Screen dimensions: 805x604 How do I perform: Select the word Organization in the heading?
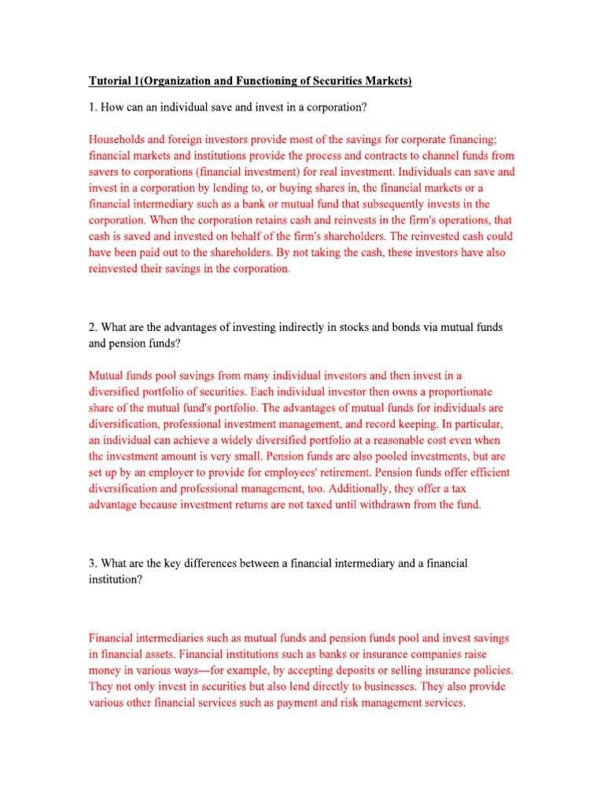coord(186,82)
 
